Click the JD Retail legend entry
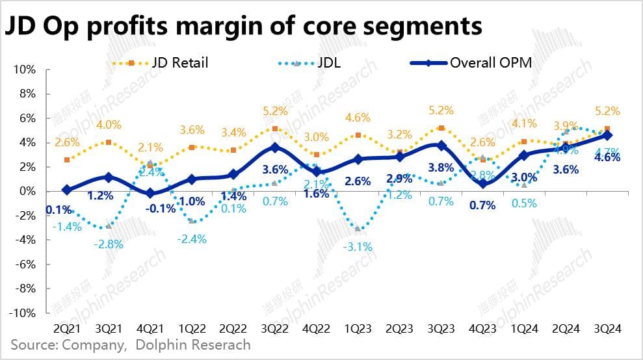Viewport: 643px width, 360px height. (172, 63)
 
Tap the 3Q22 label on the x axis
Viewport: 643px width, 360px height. (274, 329)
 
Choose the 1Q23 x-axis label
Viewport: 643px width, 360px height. (358, 329)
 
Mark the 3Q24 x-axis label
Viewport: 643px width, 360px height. (607, 329)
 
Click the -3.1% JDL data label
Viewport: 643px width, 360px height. (358, 247)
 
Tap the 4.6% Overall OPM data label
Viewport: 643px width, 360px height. (607, 174)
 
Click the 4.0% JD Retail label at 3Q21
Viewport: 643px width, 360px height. (109, 124)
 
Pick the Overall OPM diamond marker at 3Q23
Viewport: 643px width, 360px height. (441, 146)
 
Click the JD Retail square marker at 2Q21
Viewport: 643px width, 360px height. (68, 159)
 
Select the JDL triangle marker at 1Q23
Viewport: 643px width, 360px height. (358, 229)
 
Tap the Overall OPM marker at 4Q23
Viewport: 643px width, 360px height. (482, 183)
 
